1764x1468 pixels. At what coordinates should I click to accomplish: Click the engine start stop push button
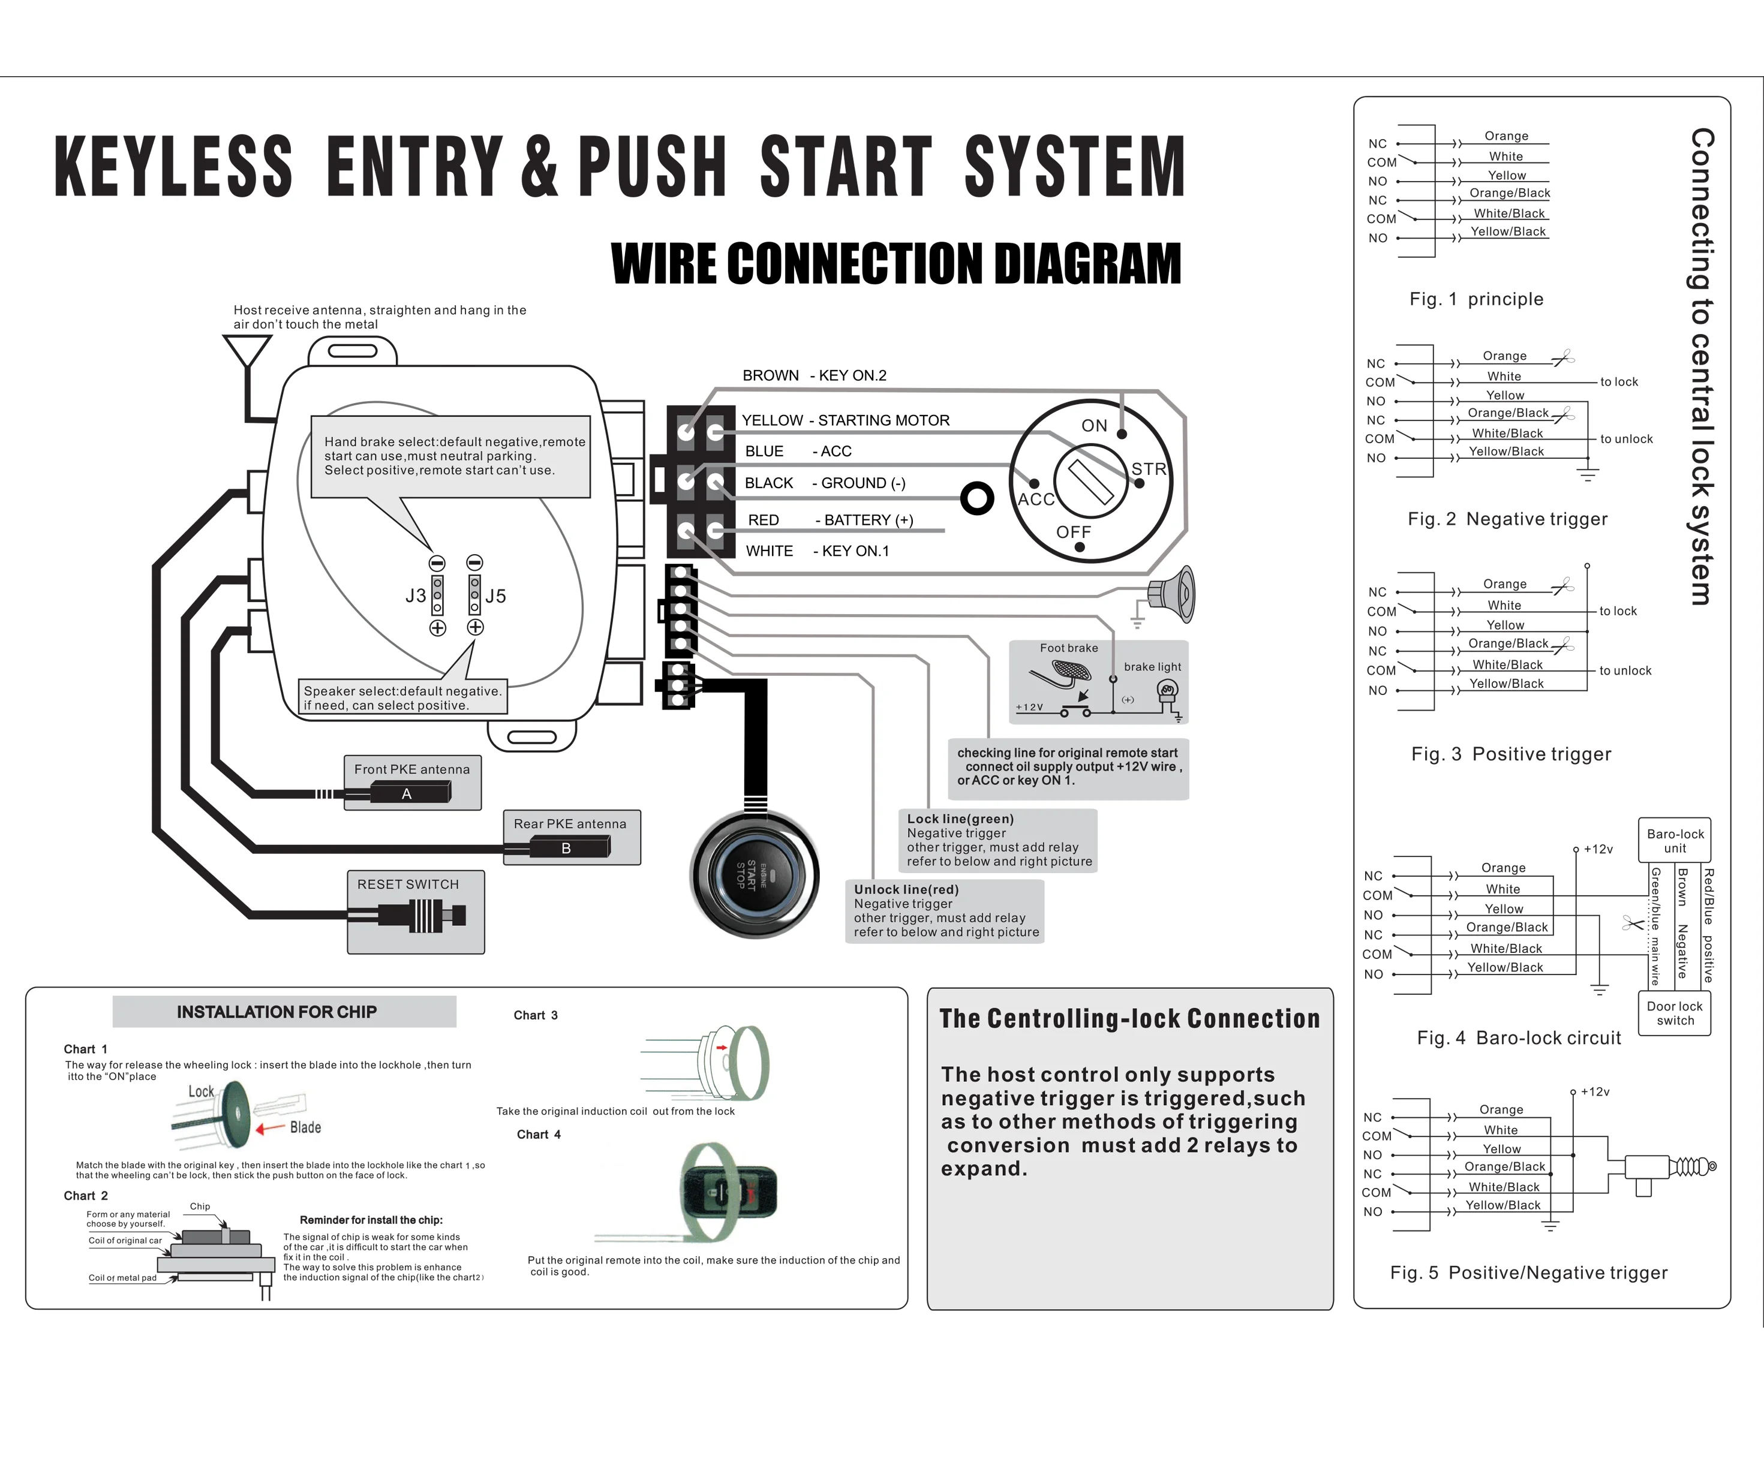[753, 875]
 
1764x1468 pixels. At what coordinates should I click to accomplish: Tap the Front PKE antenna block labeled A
[409, 793]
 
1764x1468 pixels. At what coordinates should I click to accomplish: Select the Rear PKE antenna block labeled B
[569, 848]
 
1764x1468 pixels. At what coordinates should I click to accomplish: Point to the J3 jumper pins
[437, 595]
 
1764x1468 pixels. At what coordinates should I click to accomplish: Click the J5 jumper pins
[474, 595]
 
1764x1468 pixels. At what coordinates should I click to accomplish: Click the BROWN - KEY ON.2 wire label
[814, 375]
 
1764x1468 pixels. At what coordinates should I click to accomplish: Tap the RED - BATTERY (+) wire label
[830, 520]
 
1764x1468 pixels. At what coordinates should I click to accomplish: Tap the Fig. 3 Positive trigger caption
[1510, 754]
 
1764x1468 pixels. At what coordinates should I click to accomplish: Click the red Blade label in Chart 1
[305, 1127]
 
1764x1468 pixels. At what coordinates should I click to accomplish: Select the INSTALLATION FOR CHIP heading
[277, 1012]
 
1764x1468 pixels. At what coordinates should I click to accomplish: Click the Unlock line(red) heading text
[906, 889]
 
